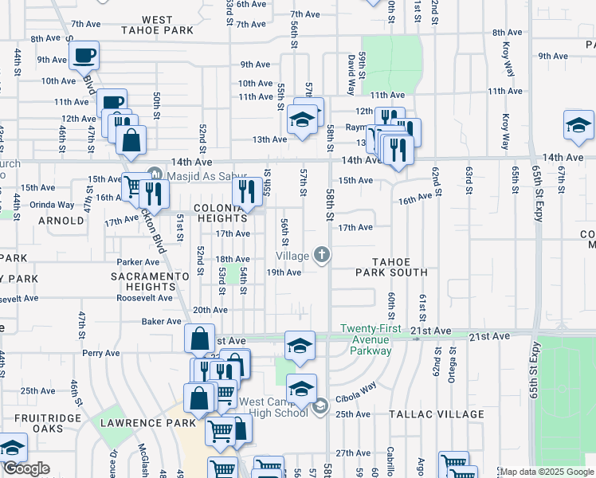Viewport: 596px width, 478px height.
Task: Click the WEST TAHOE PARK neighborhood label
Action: click(157, 25)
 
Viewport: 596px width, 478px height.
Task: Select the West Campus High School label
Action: click(273, 407)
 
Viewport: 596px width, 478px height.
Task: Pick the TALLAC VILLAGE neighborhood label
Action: click(437, 414)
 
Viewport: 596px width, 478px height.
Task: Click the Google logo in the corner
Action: click(26, 468)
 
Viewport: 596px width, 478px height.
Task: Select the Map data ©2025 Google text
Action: click(546, 472)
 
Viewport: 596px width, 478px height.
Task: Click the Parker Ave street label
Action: click(139, 261)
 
